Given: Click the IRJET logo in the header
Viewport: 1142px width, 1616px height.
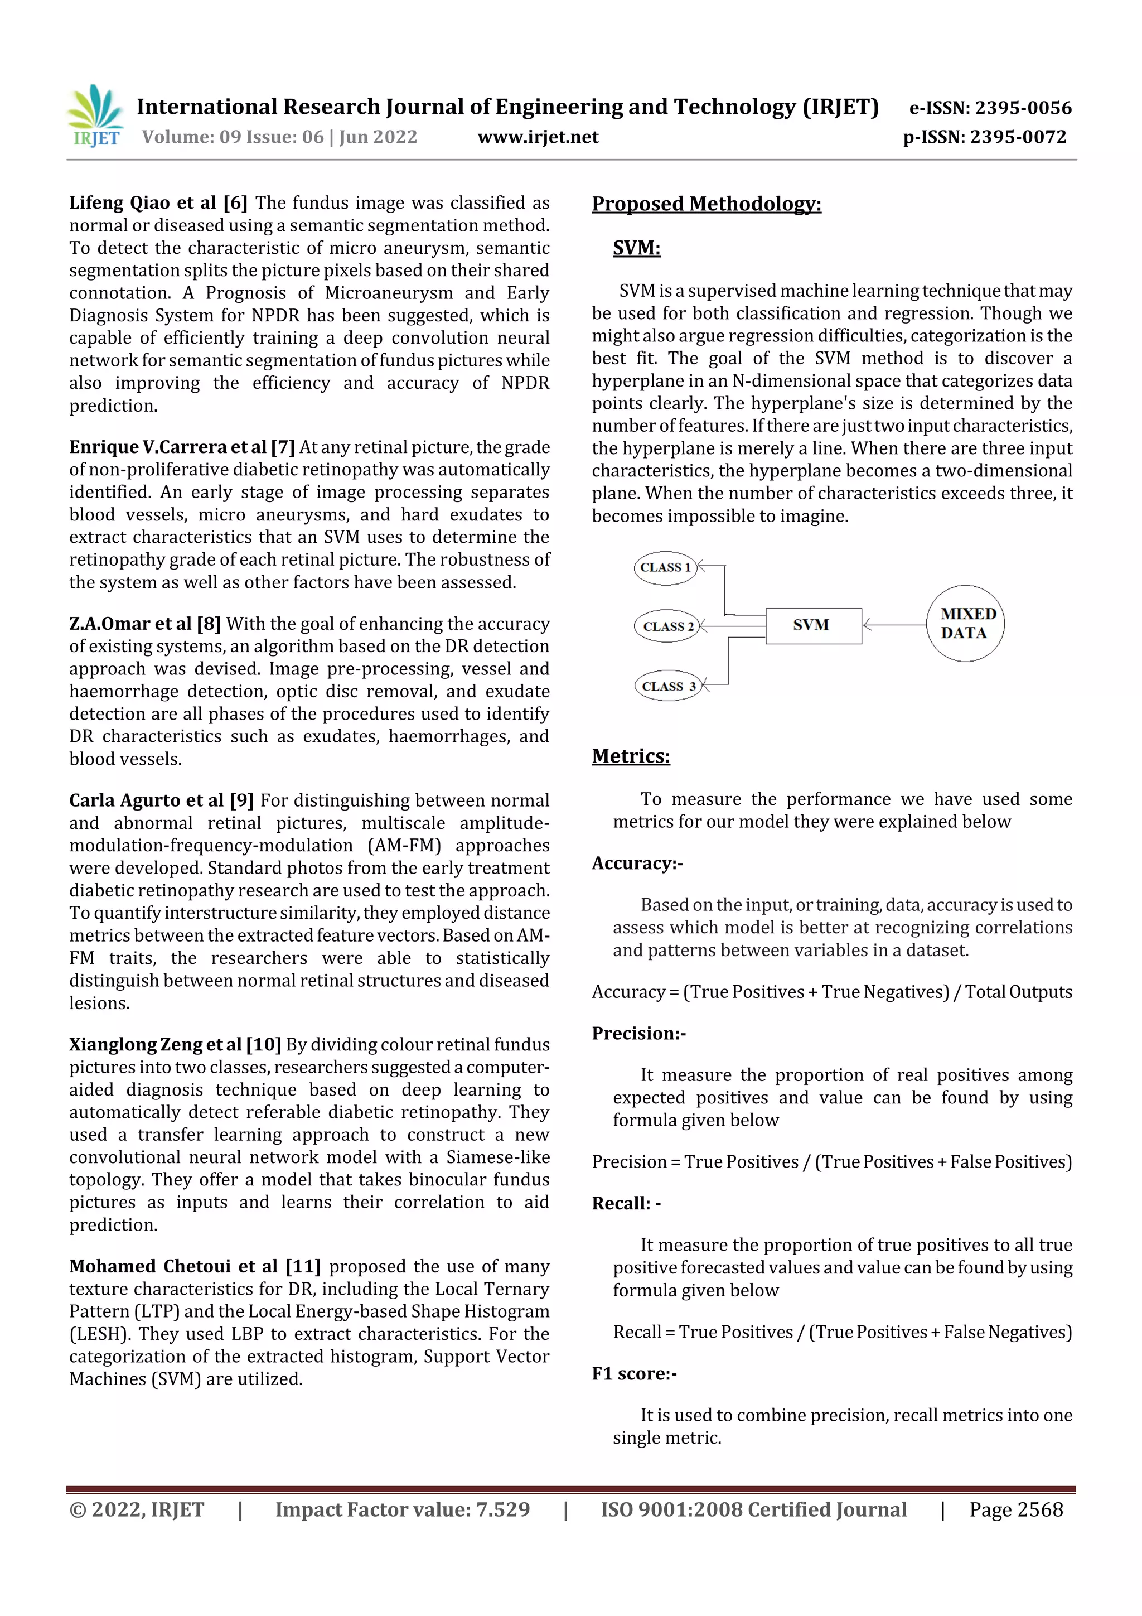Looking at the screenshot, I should pos(96,116).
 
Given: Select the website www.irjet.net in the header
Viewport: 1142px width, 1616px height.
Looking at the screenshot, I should pos(538,137).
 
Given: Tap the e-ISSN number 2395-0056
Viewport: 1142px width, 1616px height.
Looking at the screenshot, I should pos(1022,108).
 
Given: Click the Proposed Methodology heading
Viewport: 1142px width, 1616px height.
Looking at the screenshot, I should pos(706,204).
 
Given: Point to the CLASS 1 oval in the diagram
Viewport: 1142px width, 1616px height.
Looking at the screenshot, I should pos(665,567).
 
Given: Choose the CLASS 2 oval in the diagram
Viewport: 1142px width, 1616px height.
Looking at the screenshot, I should pos(667,626).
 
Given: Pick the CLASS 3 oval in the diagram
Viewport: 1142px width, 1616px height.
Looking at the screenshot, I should pos(668,686).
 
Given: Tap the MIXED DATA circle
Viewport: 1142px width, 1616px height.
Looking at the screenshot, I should pos(965,623).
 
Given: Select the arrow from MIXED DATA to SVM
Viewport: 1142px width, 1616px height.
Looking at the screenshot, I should pos(895,624).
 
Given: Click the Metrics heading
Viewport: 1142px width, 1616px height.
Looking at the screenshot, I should pos(631,756).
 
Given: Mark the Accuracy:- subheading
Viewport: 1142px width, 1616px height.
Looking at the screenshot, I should pos(637,864).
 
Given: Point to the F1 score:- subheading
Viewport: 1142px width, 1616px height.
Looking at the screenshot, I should pos(634,1373).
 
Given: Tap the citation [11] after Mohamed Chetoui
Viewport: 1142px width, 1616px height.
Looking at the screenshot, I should pos(303,1266).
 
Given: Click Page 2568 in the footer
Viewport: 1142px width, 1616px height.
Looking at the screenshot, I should pos(1015,1509).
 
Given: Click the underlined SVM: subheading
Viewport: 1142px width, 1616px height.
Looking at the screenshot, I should pos(636,248).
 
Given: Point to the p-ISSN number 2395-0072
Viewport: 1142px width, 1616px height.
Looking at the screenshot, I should pos(1018,137).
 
